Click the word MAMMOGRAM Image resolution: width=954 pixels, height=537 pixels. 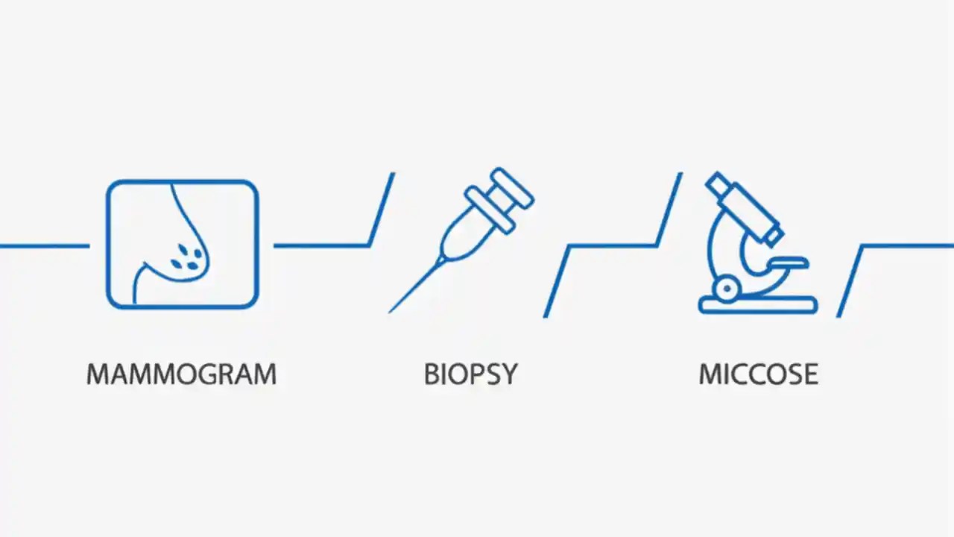pyautogui.click(x=181, y=374)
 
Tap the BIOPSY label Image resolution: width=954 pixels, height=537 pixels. pyautogui.click(x=470, y=374)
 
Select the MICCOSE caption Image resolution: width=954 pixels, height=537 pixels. pyautogui.click(x=758, y=374)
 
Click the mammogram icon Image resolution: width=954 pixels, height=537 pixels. pyautogui.click(x=182, y=244)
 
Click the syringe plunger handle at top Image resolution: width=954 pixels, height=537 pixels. pyautogui.click(x=515, y=186)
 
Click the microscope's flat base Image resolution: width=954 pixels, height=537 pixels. pyautogui.click(x=758, y=305)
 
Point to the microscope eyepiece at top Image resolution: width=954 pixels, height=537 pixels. pyautogui.click(x=718, y=182)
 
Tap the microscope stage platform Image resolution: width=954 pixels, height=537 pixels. pyautogui.click(x=789, y=263)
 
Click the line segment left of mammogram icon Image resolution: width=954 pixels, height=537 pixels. pyautogui.click(x=45, y=245)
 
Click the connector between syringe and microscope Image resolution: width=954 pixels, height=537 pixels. pyautogui.click(x=611, y=245)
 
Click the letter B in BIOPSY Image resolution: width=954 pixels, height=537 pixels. pyautogui.click(x=432, y=374)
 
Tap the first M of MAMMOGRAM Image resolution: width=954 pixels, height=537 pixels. pyautogui.click(x=98, y=374)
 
